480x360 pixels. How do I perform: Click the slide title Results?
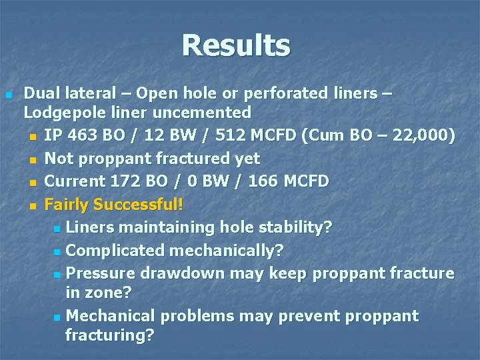point(236,45)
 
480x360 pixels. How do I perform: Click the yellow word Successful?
point(139,204)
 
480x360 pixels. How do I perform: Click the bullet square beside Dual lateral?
point(8,95)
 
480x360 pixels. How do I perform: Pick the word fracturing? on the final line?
point(109,335)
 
